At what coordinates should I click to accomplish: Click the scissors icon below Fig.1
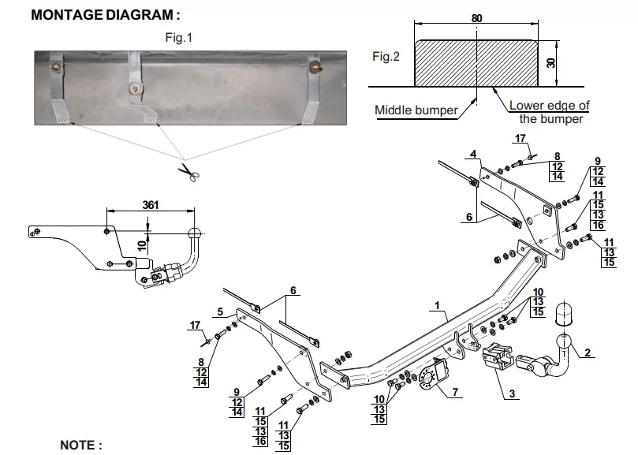tap(188, 172)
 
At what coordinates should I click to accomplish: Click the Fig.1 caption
tap(178, 38)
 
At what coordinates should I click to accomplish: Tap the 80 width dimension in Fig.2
tap(476, 18)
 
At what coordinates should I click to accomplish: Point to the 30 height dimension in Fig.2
tap(551, 62)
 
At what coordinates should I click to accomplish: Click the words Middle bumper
tap(416, 110)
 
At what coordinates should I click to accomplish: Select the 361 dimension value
tap(150, 205)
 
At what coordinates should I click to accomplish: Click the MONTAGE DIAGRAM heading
tap(106, 15)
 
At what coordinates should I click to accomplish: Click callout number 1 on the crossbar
tap(437, 305)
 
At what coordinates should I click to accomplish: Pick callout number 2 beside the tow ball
tap(588, 352)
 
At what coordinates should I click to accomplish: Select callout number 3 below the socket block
tap(512, 393)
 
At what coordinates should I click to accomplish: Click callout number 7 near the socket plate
tap(455, 392)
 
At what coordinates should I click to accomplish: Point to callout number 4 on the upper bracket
tap(473, 155)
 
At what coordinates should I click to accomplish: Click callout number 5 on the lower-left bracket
tap(220, 311)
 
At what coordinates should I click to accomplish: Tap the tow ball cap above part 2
tap(564, 313)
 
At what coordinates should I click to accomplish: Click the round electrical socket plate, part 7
tap(427, 379)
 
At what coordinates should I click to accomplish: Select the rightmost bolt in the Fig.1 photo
tap(315, 66)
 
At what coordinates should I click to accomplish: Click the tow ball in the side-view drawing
tap(195, 233)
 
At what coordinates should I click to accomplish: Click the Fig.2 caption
tap(386, 57)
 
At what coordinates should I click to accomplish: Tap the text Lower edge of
tap(550, 106)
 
